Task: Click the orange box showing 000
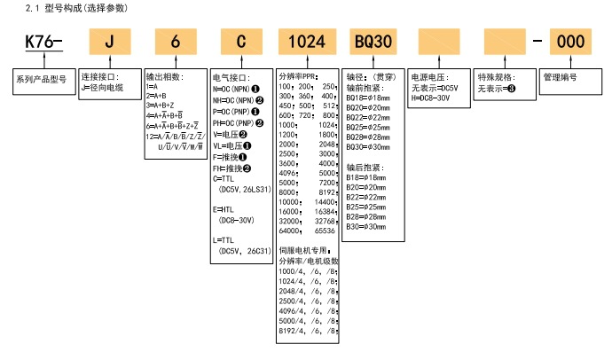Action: [574, 42]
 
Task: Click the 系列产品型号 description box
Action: [42, 80]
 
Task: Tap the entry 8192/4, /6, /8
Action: [307, 330]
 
